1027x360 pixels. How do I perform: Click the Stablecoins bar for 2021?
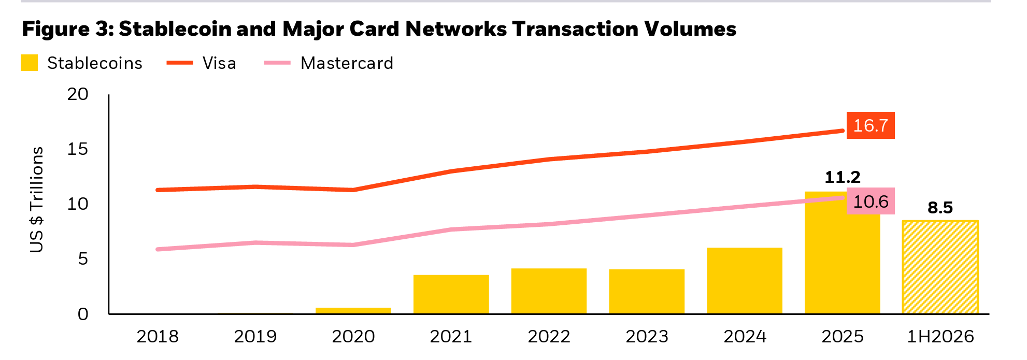[x=451, y=294]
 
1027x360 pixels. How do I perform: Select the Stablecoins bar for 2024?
[x=745, y=281]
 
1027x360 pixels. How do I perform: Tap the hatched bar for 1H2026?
[x=940, y=267]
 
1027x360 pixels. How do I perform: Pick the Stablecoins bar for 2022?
[x=549, y=291]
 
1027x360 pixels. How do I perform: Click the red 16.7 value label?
[x=871, y=125]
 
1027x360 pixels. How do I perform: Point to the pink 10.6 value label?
[x=871, y=201]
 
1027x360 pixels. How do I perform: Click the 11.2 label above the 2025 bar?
[x=843, y=178]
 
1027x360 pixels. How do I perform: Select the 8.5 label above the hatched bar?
[x=940, y=208]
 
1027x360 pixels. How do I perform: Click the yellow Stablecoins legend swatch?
[x=29, y=63]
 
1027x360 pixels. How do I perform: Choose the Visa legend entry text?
[x=219, y=63]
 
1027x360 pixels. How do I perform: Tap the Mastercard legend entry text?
[x=347, y=63]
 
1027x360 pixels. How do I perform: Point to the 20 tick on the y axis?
[x=78, y=94]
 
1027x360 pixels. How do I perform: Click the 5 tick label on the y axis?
[x=83, y=258]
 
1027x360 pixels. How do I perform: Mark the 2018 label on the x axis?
[x=158, y=337]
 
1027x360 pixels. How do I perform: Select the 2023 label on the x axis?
[x=647, y=337]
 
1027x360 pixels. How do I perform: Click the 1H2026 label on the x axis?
[x=940, y=337]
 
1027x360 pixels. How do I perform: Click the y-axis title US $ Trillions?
[x=37, y=199]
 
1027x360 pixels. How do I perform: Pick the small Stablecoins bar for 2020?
[x=353, y=311]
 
